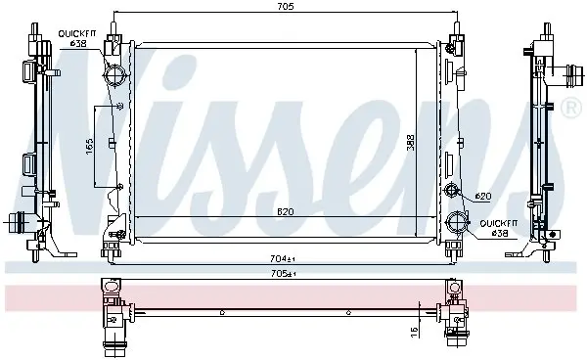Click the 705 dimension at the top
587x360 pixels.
point(286,6)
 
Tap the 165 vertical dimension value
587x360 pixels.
point(89,147)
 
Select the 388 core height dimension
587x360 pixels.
point(411,142)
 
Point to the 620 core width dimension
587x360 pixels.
point(286,212)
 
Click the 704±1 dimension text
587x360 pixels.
point(283,258)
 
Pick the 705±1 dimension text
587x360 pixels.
point(283,274)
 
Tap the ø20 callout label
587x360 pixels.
point(483,196)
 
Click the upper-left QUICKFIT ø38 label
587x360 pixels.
point(77,38)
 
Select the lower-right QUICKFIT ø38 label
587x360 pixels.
point(499,228)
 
